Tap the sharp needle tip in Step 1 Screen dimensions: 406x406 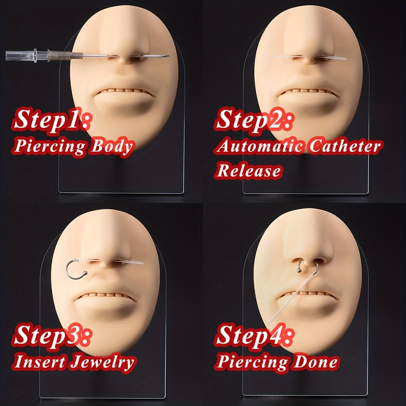169,56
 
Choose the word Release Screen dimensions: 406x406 249,170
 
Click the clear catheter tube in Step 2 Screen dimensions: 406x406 311,57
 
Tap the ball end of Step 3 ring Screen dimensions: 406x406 85,273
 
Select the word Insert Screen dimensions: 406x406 39,361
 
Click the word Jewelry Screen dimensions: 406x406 103,362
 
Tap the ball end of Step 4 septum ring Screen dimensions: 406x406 299,271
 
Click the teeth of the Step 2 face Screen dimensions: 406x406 308,91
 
